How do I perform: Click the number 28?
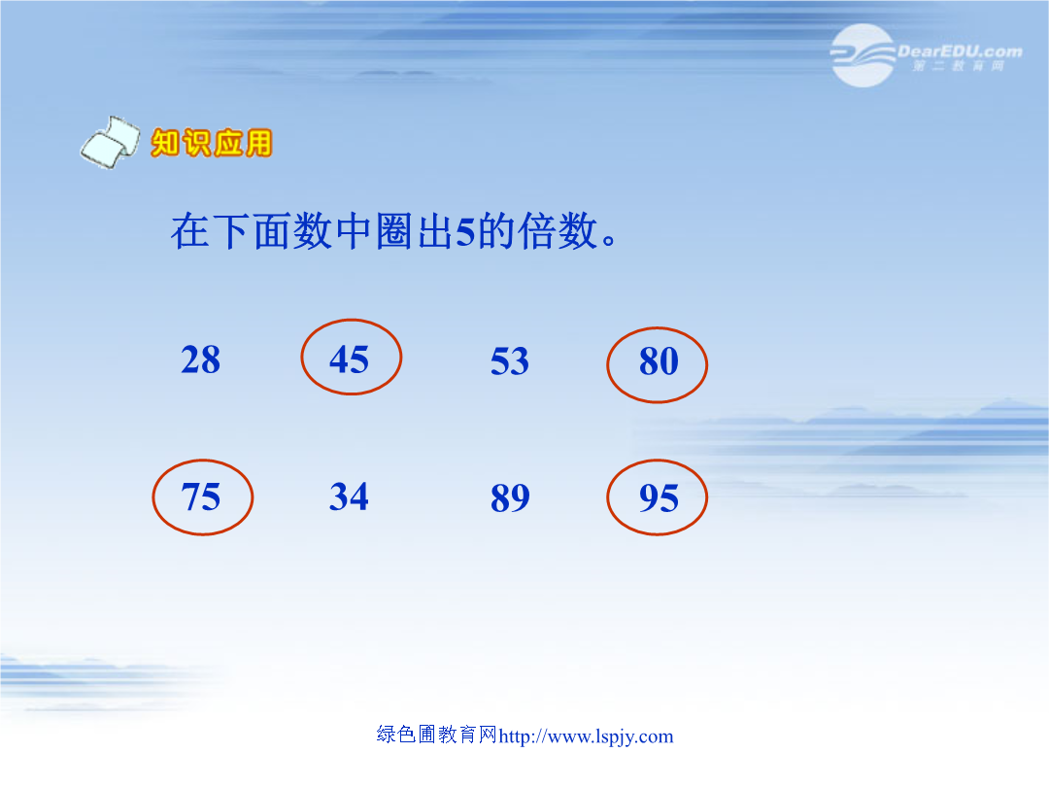pyautogui.click(x=201, y=360)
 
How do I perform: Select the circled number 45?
pyautogui.click(x=349, y=360)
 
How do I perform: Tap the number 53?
pyautogui.click(x=510, y=361)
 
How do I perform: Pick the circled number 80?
pyautogui.click(x=659, y=361)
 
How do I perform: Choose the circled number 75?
pyautogui.click(x=201, y=497)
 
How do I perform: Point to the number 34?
pyautogui.click(x=349, y=496)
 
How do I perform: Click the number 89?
pyautogui.click(x=510, y=498)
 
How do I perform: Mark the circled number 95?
pyautogui.click(x=659, y=498)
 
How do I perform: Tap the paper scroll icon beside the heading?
pyautogui.click(x=111, y=142)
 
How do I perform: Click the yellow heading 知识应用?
pyautogui.click(x=212, y=143)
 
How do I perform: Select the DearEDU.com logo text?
pyautogui.click(x=960, y=51)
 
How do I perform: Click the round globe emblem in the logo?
pyautogui.click(x=863, y=55)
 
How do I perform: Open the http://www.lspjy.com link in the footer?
pyautogui.click(x=586, y=736)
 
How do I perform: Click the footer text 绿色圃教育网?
pyautogui.click(x=437, y=735)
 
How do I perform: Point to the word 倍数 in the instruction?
pyautogui.click(x=558, y=231)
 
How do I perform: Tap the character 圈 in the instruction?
pyautogui.click(x=394, y=231)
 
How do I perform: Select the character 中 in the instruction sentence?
pyautogui.click(x=354, y=231)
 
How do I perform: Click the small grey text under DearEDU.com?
pyautogui.click(x=958, y=66)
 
